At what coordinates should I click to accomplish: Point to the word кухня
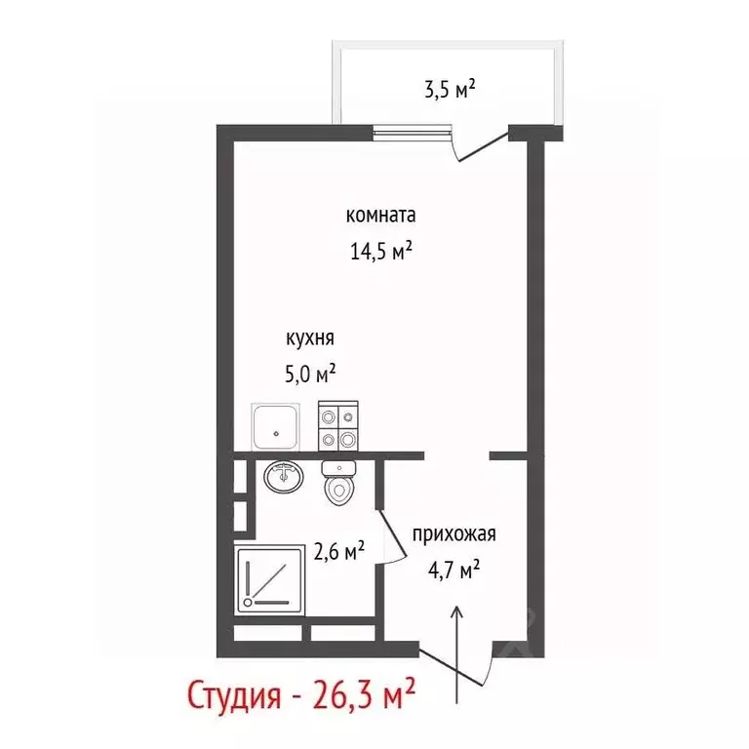[310, 338]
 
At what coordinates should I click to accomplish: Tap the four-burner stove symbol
[338, 427]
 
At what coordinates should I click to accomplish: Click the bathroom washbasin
[286, 477]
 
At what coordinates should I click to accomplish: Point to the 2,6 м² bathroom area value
[339, 552]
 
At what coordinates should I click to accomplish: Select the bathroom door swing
[390, 527]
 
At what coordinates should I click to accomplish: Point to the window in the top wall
[414, 129]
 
